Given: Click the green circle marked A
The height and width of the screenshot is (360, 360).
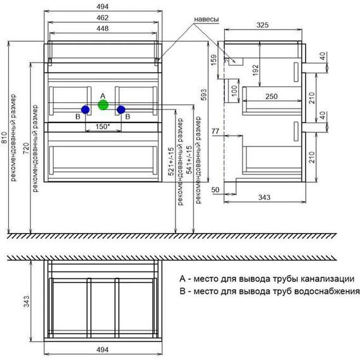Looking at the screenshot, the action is [x=103, y=105].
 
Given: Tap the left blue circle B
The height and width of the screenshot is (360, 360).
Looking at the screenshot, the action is [x=85, y=110].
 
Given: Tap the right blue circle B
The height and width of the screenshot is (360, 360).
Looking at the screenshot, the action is [x=121, y=110].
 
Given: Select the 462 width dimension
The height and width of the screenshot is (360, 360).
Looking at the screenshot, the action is [x=102, y=18].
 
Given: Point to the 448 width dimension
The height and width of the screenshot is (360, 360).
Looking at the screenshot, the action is [x=102, y=28].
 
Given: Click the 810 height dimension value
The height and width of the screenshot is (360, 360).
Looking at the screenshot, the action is [x=4, y=138].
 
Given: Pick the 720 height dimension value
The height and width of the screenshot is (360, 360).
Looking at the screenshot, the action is [x=26, y=148].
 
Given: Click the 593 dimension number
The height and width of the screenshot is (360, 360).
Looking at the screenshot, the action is [x=203, y=95].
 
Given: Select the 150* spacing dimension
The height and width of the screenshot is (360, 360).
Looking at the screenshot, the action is [x=102, y=126].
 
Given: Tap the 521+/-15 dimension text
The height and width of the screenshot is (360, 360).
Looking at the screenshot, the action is [x=171, y=162].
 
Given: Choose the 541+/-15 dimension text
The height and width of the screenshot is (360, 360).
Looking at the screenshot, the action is [x=189, y=160].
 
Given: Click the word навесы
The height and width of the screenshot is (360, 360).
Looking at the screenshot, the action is [x=206, y=20].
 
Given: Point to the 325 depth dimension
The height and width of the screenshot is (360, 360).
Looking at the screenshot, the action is [x=263, y=25].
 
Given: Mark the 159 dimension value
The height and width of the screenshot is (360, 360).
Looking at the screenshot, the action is [x=213, y=60].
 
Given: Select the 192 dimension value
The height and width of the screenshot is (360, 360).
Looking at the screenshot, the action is [x=255, y=70].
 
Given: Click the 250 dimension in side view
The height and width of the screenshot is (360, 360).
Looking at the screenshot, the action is [x=272, y=97].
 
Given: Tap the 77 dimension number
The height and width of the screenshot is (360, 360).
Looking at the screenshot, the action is [x=215, y=131].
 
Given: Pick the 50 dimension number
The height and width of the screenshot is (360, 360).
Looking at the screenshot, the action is [x=215, y=190].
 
